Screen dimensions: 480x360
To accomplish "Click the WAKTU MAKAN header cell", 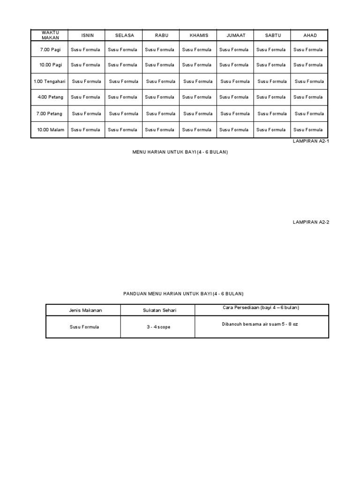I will tap(50, 35).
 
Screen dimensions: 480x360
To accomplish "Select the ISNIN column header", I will tap(88, 36).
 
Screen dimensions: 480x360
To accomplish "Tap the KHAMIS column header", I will tap(199, 36).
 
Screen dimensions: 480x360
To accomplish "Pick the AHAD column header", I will tap(310, 36).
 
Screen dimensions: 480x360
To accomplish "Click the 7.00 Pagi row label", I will tap(50, 50).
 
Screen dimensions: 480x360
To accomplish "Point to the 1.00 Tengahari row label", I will tap(50, 82).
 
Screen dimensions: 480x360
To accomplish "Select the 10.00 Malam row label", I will tap(50, 130).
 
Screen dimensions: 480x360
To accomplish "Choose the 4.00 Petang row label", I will tap(50, 97).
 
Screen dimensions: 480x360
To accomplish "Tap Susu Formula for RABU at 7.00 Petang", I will tap(161, 114).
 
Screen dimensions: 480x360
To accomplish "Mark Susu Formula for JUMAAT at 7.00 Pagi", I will tap(234, 50).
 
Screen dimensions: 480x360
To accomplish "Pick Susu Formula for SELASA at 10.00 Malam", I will tap(123, 130).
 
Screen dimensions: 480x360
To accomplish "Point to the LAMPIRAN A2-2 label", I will tap(311, 222).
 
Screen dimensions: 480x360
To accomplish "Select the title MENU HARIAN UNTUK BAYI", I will tap(180, 152).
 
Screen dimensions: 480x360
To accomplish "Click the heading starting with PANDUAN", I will tap(183, 294).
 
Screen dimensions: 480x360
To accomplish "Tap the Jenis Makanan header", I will tap(82, 310).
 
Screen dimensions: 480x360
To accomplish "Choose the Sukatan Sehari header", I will tap(157, 310).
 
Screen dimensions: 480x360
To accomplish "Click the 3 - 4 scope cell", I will tap(157, 327).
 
